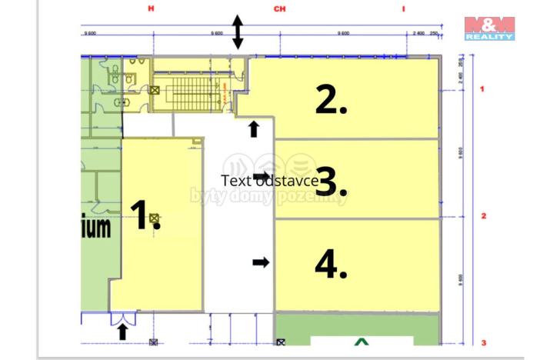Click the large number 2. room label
pos(331,100)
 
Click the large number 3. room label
pos(332,182)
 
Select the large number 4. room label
pos(331,264)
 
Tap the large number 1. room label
pos(144,215)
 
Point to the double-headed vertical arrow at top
pos(238,32)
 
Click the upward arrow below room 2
pos(254,128)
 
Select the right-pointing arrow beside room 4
pos(262,263)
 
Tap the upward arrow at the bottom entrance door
pos(122,332)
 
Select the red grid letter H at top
pos(152,8)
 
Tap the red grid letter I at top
pos(403,8)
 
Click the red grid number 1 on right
pos(482,89)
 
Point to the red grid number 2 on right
pos(483,216)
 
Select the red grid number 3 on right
pos(483,342)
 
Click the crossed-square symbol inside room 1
pos(154,218)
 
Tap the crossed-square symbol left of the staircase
pos(155,91)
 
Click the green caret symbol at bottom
pos(362,341)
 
